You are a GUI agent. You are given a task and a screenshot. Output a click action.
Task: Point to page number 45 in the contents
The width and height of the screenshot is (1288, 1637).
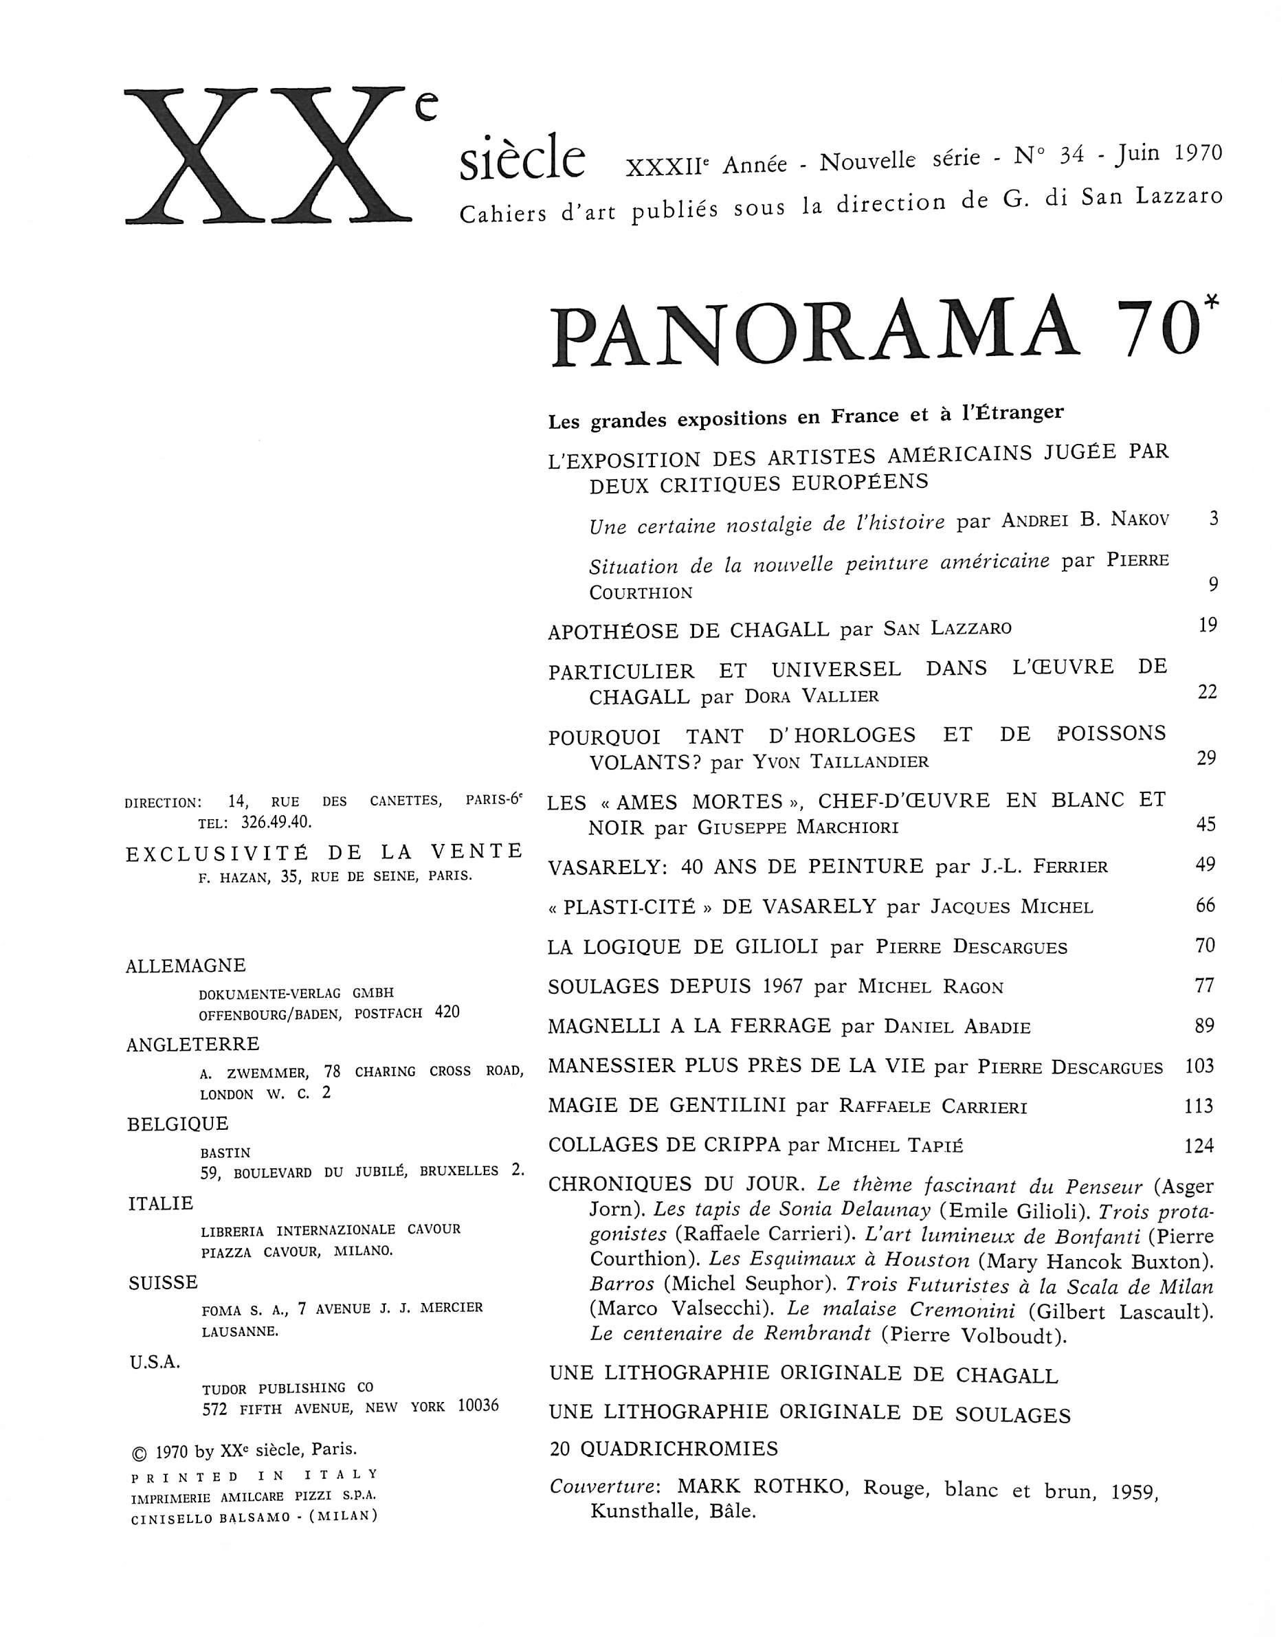(1206, 823)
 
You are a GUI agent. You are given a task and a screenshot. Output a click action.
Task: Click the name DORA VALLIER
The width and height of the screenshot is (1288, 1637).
(812, 696)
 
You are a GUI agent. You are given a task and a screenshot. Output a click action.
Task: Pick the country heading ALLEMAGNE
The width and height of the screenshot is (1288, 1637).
(186, 966)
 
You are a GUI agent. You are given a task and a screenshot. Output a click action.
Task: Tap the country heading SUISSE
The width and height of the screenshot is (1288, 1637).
(164, 1282)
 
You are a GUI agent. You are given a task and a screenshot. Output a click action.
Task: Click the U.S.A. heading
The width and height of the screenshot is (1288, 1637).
(155, 1362)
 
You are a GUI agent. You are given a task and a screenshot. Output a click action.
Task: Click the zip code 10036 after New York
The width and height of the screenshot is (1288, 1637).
(478, 1406)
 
